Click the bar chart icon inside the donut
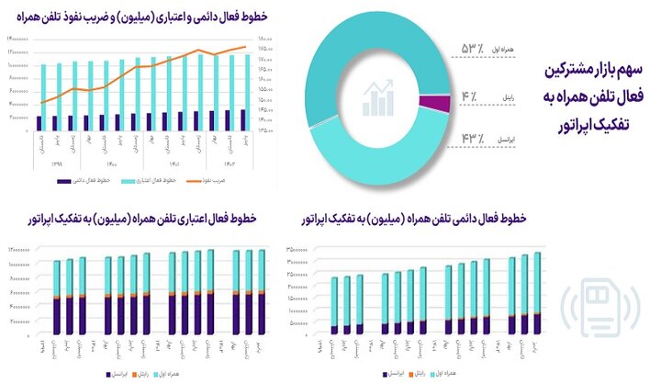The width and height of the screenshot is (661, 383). click(379, 98)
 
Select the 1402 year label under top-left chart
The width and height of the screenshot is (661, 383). click(222, 163)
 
